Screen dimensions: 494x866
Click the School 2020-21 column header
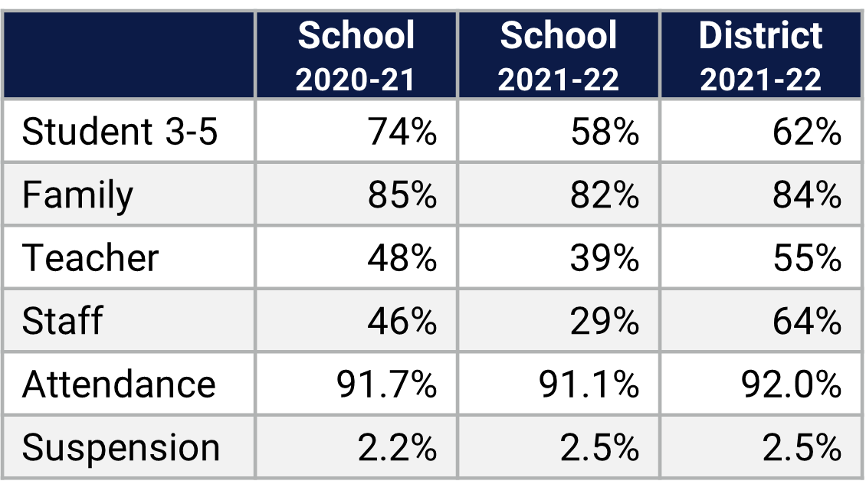(356, 56)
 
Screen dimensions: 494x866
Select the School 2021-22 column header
(558, 56)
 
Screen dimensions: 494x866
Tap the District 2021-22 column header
(760, 56)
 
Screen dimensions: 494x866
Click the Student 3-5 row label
(120, 132)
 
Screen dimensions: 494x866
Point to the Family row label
(77, 195)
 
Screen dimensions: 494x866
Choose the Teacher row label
(90, 257)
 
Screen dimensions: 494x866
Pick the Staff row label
(62, 320)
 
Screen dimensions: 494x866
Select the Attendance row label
(119, 383)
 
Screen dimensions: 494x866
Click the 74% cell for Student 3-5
(402, 132)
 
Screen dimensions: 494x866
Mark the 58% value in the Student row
(605, 132)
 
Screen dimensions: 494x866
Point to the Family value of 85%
(402, 195)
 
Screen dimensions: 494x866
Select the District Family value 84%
(807, 195)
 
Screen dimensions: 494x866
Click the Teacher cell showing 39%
(605, 257)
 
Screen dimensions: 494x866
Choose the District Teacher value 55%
(807, 257)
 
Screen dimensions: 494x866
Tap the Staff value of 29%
(605, 320)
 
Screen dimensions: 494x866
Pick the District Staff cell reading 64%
(807, 320)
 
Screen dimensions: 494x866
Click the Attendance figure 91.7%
(387, 383)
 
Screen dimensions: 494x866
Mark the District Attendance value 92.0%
(792, 383)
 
